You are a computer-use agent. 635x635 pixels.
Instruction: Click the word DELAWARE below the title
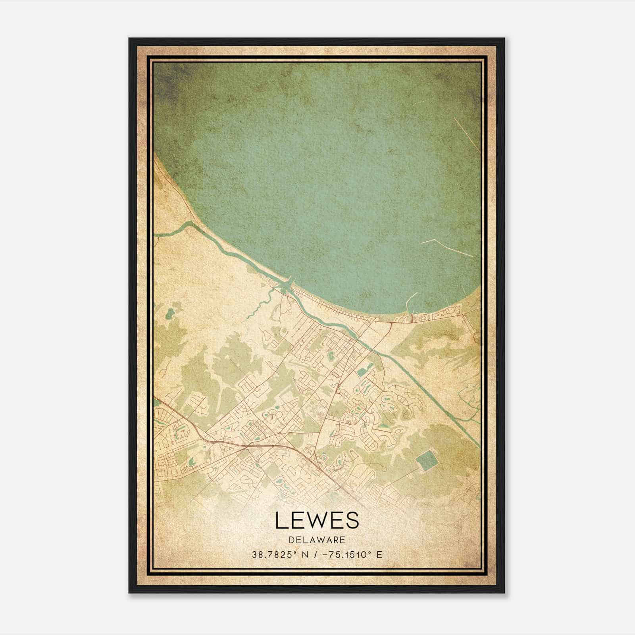point(317,540)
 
